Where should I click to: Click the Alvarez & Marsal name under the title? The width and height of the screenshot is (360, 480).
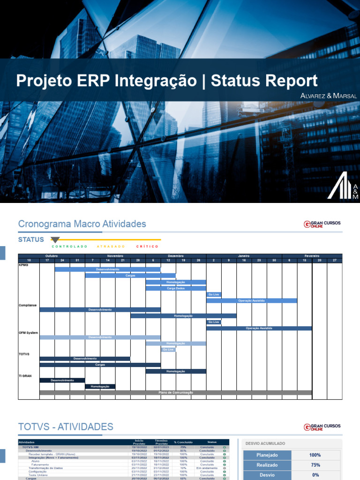tap(329, 96)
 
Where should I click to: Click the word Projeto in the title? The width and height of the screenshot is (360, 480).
tap(44, 81)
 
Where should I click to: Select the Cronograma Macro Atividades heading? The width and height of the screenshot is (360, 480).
tap(82, 224)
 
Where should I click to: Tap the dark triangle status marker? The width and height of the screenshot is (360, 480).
tap(55, 240)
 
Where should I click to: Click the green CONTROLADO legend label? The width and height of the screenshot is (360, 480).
tap(69, 246)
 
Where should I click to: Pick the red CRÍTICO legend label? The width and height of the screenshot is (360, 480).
tap(147, 246)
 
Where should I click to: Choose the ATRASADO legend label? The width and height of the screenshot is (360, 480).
tap(111, 246)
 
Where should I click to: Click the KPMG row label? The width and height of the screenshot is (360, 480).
tap(23, 265)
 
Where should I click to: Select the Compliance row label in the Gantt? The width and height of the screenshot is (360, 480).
tap(28, 305)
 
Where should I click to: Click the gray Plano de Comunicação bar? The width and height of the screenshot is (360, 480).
tap(175, 392)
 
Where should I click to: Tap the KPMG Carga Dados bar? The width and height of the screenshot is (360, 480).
tap(176, 288)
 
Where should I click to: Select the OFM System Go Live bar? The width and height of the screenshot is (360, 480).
tap(168, 350)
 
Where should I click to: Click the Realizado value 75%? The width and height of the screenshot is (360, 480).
tap(315, 465)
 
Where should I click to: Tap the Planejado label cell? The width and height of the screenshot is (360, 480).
tap(267, 455)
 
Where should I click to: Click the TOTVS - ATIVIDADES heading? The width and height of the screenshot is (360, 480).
tap(66, 427)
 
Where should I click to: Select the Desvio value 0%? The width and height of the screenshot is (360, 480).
tap(315, 475)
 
